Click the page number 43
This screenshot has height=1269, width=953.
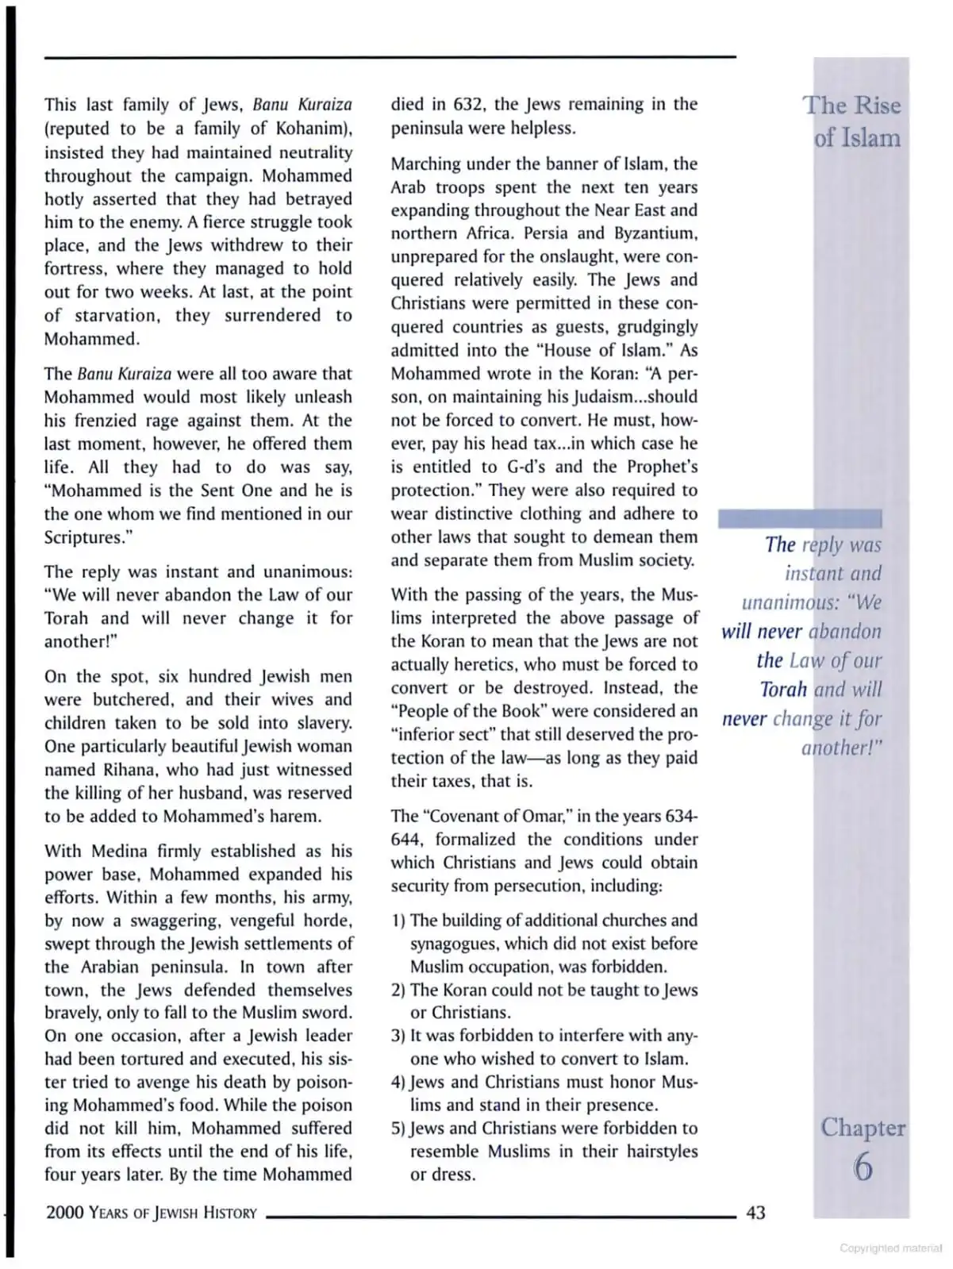pyautogui.click(x=755, y=1212)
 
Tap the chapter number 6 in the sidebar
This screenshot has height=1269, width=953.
pyautogui.click(x=863, y=1166)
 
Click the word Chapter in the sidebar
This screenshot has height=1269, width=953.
pyautogui.click(x=863, y=1127)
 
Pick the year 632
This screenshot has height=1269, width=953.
pyautogui.click(x=469, y=104)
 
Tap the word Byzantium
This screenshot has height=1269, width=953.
pyautogui.click(x=655, y=233)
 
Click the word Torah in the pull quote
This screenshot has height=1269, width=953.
pyautogui.click(x=783, y=690)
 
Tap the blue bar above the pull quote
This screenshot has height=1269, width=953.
pyautogui.click(x=799, y=519)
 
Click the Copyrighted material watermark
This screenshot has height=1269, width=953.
pyautogui.click(x=890, y=1248)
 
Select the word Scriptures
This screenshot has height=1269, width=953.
pyautogui.click(x=86, y=537)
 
